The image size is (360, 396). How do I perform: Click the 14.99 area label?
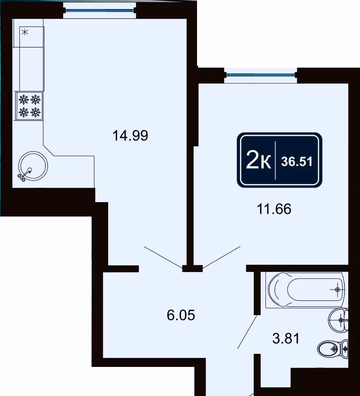tap(130, 136)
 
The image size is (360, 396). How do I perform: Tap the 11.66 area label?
tap(274, 209)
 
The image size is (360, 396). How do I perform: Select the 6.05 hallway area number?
tap(181, 315)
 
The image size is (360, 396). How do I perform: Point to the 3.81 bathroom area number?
tap(286, 339)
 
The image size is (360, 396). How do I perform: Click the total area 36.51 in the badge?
tap(297, 161)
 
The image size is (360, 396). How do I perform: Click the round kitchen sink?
tap(33, 166)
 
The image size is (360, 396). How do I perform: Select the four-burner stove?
tap(29, 105)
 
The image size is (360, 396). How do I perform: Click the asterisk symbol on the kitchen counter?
tap(25, 32)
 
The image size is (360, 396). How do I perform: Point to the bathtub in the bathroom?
tap(305, 290)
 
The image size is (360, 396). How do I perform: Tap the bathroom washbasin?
tap(338, 320)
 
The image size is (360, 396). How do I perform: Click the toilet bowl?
tap(333, 349)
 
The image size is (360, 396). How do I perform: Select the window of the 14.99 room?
tap(99, 11)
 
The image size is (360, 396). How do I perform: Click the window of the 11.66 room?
tap(261, 75)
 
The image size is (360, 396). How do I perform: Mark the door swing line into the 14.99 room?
tap(163, 257)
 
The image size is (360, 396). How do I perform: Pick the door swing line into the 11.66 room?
tap(222, 257)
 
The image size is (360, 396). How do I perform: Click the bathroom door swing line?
tap(247, 332)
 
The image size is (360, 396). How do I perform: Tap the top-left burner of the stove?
tap(23, 99)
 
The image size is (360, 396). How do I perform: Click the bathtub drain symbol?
tap(337, 289)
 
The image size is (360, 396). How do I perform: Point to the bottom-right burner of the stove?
tap(36, 112)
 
